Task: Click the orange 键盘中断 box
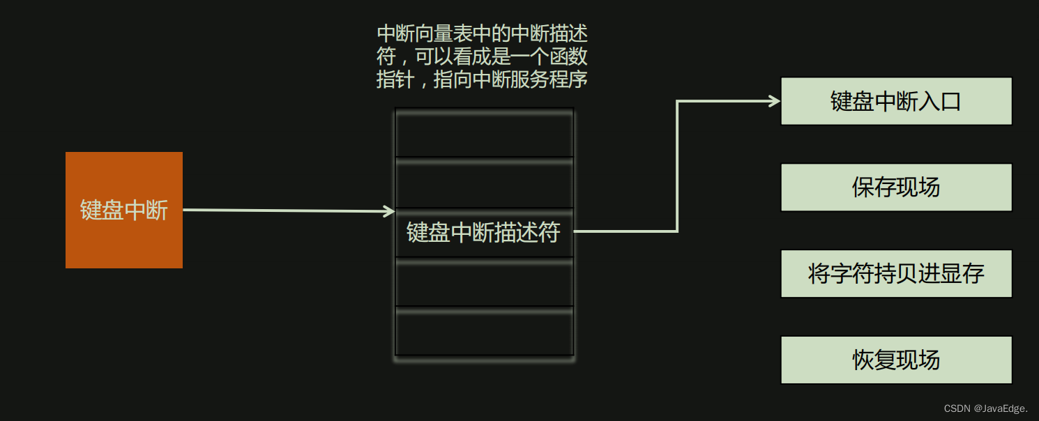pos(124,210)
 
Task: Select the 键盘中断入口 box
pos(896,101)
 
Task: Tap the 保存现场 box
pos(896,187)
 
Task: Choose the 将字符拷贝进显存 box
pos(896,274)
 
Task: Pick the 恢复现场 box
pos(896,360)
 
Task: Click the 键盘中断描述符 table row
pos(484,232)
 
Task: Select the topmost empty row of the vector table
pos(484,133)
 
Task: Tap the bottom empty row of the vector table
pos(484,331)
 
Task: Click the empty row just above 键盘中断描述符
pos(484,183)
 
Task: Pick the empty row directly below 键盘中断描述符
pos(484,282)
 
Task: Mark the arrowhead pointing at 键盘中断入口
pos(774,101)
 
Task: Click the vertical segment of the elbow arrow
pos(677,166)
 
